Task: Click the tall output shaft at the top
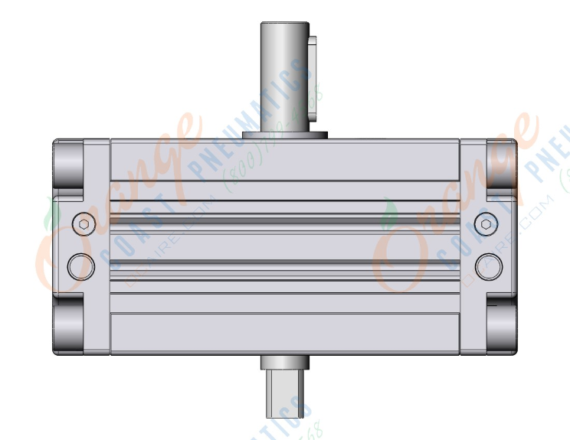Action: [284, 77]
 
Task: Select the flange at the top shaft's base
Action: [284, 136]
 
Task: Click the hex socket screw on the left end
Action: [84, 223]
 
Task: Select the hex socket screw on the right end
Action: [485, 223]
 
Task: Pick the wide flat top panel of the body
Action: [284, 161]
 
